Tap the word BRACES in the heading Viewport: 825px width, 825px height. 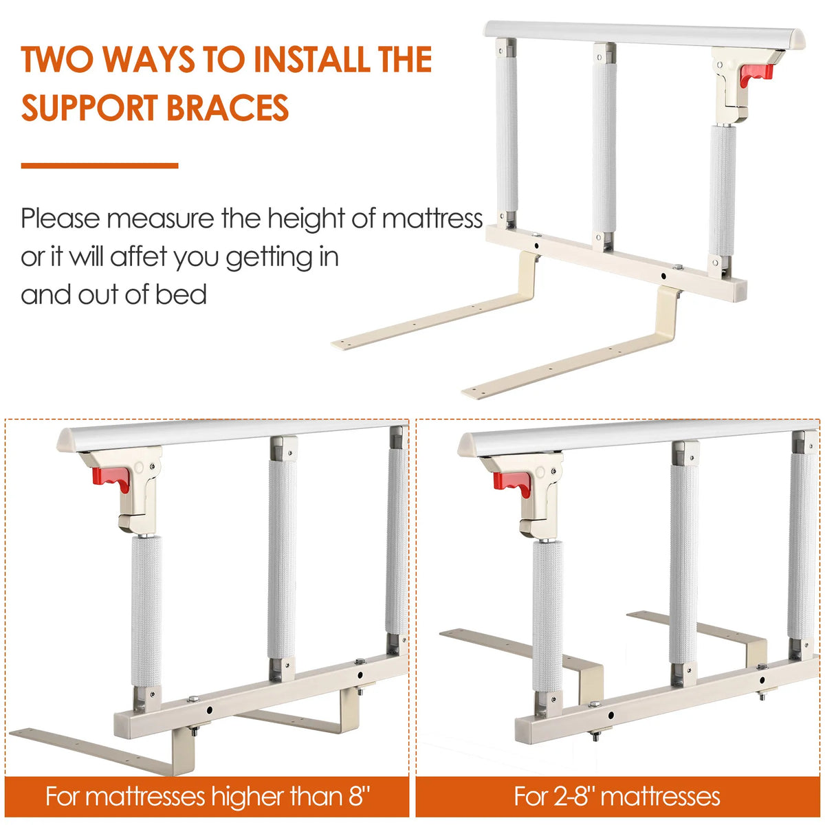(x=228, y=107)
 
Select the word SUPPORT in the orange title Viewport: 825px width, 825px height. (x=90, y=107)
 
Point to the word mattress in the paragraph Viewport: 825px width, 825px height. (x=432, y=219)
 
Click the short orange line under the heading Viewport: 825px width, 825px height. (x=100, y=166)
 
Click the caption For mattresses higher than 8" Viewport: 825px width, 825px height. (x=208, y=797)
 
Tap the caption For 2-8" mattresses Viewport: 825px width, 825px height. (x=617, y=797)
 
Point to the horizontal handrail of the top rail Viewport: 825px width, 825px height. (x=645, y=34)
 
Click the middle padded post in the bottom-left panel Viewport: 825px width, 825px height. (x=282, y=560)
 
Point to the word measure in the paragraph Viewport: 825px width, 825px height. (x=160, y=219)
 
